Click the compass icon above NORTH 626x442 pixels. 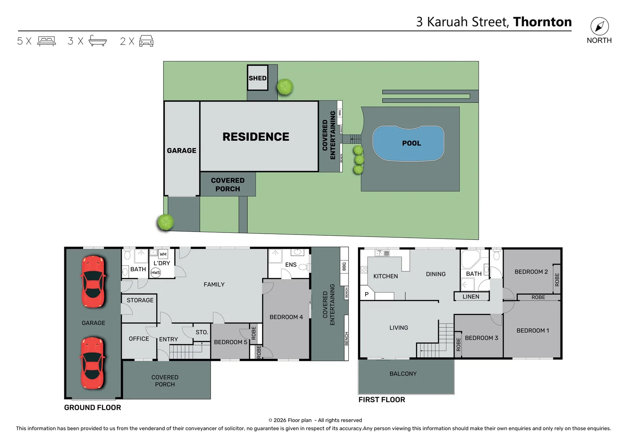tap(599, 27)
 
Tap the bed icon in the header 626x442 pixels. tap(46, 41)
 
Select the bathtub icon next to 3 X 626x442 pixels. tap(98, 41)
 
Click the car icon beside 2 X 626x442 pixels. tap(146, 41)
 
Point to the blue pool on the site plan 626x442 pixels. tap(408, 143)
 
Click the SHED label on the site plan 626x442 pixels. tap(257, 78)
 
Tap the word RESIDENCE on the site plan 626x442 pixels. tap(256, 137)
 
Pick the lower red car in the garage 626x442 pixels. tap(93, 363)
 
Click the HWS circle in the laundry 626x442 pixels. tap(156, 273)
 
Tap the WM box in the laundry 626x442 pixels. tap(163, 254)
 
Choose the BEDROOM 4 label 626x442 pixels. tap(286, 317)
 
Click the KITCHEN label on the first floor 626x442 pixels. tap(386, 276)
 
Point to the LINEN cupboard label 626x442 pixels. tap(471, 297)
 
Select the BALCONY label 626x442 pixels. tap(403, 374)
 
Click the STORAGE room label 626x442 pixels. tap(140, 300)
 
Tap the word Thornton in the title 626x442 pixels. tap(542, 22)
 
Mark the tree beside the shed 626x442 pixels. tap(285, 87)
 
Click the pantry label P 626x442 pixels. tap(367, 294)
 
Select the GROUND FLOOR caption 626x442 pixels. tap(93, 408)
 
